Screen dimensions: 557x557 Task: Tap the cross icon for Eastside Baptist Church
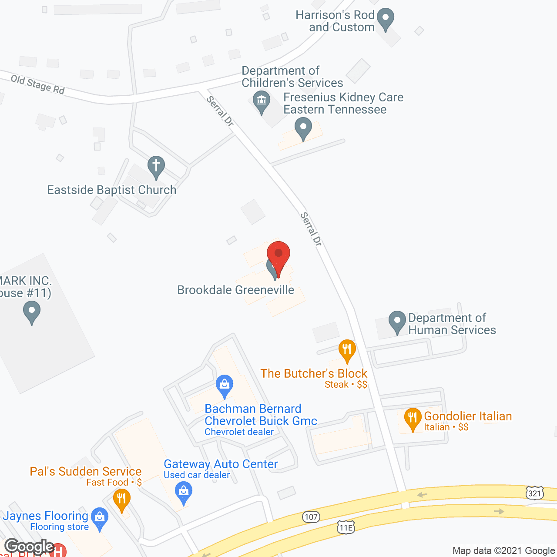point(156,167)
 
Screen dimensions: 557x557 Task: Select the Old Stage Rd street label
point(37,84)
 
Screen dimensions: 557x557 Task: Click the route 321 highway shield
point(534,493)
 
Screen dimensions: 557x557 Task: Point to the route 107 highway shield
point(311,517)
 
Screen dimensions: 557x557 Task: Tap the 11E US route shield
point(346,527)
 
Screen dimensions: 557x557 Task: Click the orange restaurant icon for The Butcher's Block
point(347,350)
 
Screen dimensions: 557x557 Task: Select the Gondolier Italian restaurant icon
point(413,418)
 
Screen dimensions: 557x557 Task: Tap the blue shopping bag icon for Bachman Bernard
point(225,385)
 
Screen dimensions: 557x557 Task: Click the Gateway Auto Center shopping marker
point(184,492)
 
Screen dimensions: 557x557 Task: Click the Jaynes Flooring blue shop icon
point(100,518)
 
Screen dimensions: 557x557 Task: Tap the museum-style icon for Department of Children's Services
point(262,101)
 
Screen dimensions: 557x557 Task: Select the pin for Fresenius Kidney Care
point(303,129)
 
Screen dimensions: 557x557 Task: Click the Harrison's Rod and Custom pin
point(385,19)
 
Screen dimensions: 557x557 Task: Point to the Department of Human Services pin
point(397,322)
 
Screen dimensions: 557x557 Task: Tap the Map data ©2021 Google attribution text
point(503,550)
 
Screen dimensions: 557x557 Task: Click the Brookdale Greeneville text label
point(236,290)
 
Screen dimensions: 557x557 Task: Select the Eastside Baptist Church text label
point(112,190)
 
